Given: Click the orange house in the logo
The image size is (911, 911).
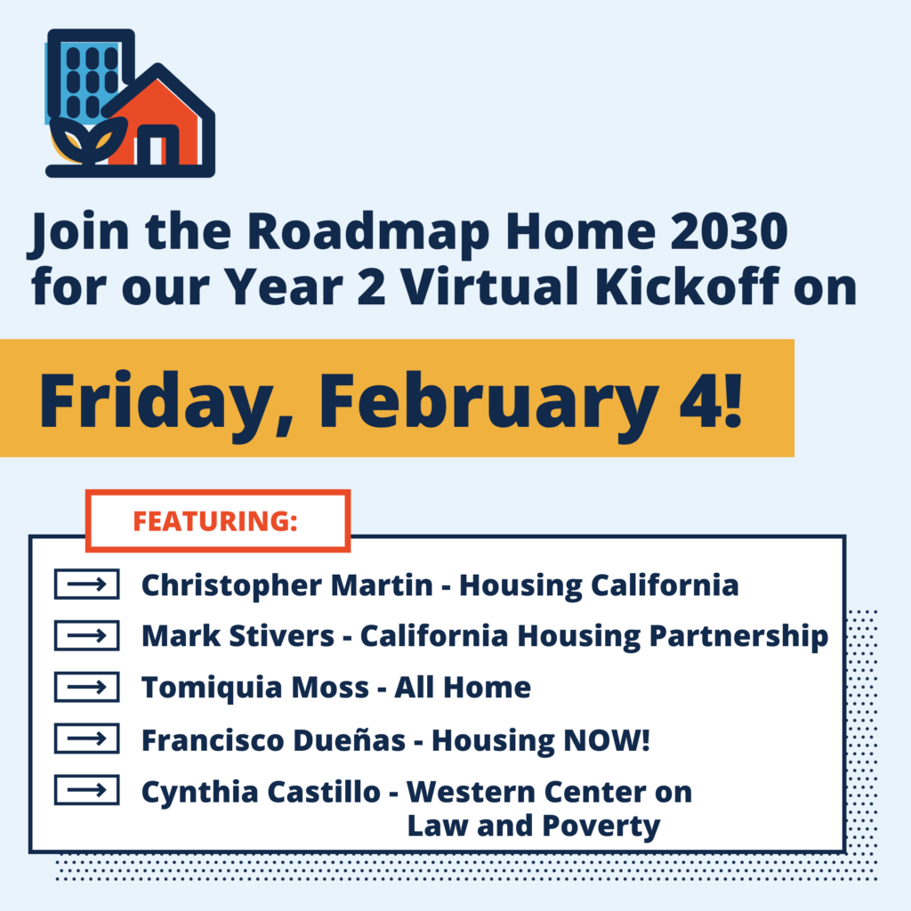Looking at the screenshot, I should pos(160,125).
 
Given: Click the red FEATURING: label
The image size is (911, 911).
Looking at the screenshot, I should pos(215,521).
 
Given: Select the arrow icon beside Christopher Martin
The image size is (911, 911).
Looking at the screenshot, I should pos(86,585).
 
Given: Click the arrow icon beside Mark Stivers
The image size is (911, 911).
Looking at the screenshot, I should pos(86,636).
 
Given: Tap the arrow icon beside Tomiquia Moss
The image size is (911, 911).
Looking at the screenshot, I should pos(86,688).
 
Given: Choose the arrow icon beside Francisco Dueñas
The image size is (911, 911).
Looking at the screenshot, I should pos(86,738).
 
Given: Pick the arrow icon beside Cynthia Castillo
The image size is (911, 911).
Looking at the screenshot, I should pos(86,790).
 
